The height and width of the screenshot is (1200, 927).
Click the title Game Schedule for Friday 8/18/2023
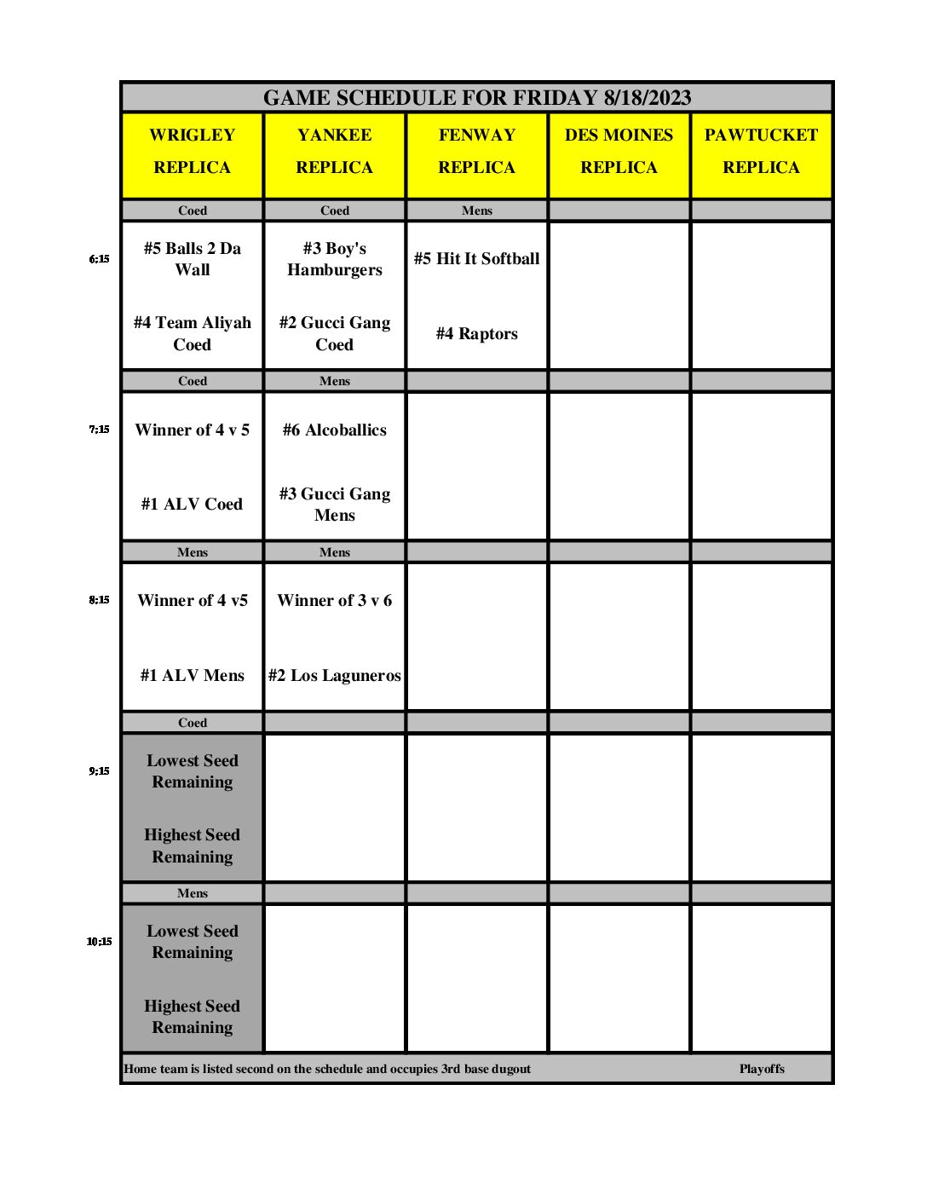(476, 98)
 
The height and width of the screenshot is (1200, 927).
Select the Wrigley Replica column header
(193, 152)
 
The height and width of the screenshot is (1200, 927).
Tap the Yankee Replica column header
(335, 152)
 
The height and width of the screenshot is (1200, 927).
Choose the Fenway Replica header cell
(477, 152)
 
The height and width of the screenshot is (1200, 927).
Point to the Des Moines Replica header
(619, 152)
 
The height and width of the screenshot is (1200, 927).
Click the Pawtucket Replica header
(761, 152)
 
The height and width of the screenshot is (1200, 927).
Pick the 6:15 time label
(99, 259)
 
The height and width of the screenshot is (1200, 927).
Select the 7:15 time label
(99, 430)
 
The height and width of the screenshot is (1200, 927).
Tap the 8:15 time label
(99, 600)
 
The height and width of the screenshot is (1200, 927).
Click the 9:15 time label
(99, 771)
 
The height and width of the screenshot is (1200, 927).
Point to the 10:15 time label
(99, 942)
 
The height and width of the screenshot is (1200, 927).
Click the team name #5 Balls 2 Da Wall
(193, 259)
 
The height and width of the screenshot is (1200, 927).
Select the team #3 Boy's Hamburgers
(335, 259)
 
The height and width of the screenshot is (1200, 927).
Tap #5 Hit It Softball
(477, 259)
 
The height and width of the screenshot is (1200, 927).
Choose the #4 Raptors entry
(477, 334)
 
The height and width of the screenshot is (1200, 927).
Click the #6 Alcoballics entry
(335, 430)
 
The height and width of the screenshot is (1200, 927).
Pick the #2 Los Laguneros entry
(335, 676)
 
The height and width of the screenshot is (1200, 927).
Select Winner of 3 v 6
(335, 601)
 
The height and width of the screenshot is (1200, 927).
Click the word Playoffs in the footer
(762, 1069)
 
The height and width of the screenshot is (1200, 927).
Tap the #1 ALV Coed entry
(193, 505)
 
